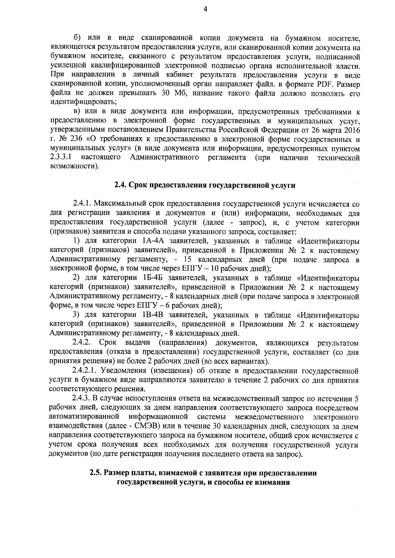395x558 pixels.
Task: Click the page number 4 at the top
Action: click(205, 10)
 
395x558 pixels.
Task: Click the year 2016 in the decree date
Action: click(352, 130)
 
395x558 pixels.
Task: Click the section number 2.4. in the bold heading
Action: click(120, 185)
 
